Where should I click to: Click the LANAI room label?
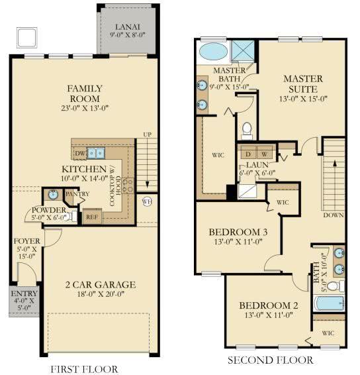pos(128,27)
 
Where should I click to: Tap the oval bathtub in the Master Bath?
pos(213,52)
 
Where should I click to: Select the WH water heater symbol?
pos(147,201)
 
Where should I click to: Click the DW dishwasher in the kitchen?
pos(80,153)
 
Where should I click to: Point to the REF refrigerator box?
pos(92,217)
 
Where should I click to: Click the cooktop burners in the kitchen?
pos(128,186)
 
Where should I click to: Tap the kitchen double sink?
pos(96,153)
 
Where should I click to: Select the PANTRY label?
pos(77,193)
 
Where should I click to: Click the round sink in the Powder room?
pos(53,194)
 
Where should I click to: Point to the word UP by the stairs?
pos(147,134)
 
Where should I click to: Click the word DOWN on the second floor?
pos(334,215)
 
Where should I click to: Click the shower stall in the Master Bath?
pos(243,51)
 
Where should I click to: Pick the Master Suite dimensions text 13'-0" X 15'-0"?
pos(303,99)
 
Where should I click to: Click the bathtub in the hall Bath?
pos(330,303)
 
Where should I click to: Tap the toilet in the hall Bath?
pos(336,286)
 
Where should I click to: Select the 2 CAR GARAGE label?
pos(101,285)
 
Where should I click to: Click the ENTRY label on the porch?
pos(24,294)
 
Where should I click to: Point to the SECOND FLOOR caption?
pos(271,360)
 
